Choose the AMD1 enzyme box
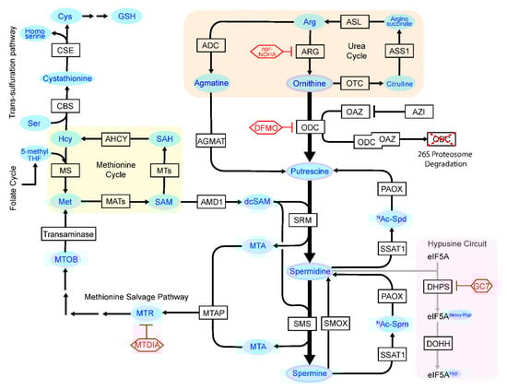(x=211, y=199)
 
